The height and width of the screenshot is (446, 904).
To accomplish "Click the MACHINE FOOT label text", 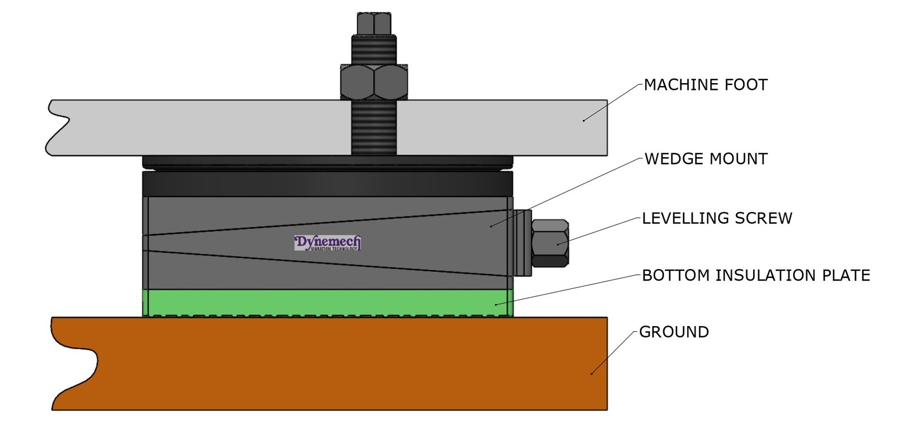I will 706,85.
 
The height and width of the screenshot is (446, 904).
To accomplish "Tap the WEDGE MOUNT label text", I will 706,159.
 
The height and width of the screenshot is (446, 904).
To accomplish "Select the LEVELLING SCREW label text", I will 717,218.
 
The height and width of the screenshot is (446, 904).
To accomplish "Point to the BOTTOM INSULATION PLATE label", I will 756,275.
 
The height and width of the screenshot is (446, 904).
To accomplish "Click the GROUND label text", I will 674,332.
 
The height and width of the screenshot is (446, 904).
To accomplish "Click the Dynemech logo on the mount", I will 328,243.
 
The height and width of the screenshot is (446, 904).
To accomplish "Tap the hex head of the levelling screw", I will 550,243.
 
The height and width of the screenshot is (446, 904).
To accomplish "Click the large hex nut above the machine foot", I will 374,83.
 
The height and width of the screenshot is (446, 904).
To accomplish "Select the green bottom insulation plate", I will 328,302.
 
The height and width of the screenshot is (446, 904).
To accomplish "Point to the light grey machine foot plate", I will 226,128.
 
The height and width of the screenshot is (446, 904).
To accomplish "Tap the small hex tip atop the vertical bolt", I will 374,23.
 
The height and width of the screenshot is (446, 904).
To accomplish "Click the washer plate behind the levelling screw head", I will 522,243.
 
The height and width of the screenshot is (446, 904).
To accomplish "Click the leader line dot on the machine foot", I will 584,120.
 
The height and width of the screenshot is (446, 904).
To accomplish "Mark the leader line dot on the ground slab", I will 592,374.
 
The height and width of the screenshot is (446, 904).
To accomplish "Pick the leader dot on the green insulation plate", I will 496,305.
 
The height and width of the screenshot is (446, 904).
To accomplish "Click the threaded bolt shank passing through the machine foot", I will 374,128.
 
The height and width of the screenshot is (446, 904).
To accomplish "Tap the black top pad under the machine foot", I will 328,184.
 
